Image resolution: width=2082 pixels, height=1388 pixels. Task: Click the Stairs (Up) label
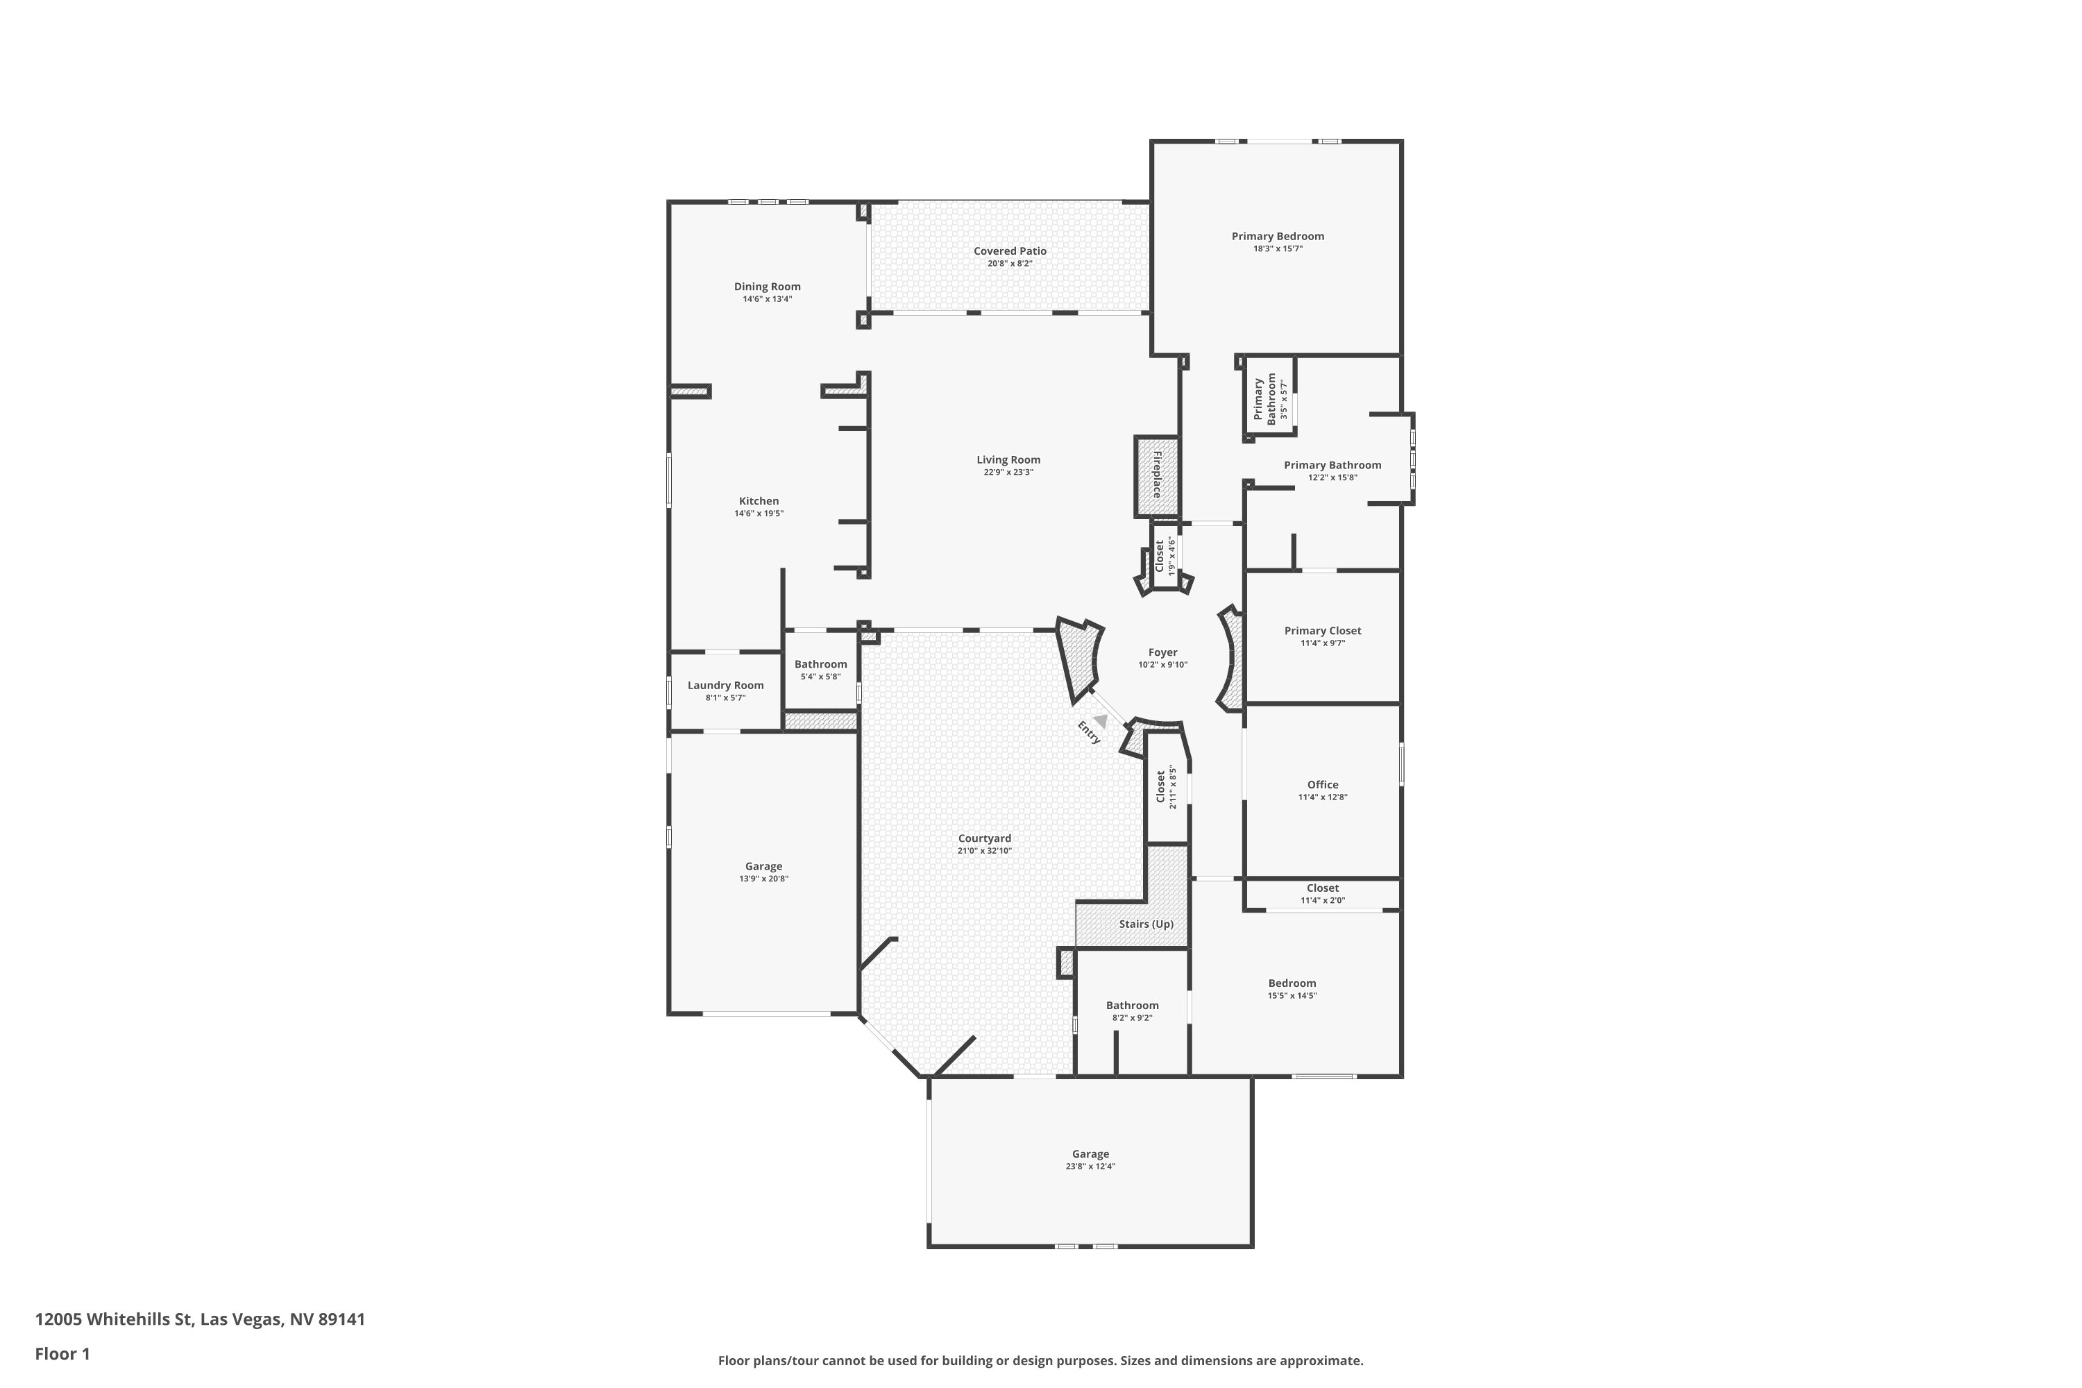point(1146,924)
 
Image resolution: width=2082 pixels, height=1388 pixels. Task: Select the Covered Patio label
point(1010,251)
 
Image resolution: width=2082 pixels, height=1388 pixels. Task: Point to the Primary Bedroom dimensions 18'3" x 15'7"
point(1278,248)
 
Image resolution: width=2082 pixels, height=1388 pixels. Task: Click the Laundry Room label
point(725,685)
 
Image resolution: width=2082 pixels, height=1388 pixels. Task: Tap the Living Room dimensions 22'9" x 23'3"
point(1008,473)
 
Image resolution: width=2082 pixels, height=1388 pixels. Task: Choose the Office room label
point(1323,785)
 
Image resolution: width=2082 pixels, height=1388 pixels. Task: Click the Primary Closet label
point(1323,631)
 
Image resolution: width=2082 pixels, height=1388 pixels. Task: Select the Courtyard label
point(984,838)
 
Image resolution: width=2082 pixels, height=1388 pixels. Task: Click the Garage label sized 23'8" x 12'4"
point(1090,1154)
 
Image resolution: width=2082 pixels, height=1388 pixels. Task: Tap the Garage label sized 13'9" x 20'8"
point(763,867)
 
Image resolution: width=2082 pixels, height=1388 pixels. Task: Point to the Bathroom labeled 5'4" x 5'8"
point(820,665)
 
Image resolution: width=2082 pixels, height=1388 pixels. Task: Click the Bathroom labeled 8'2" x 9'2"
point(1132,1006)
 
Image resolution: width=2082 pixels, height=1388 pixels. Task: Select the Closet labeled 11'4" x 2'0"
point(1323,888)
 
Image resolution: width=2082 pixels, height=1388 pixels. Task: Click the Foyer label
point(1162,652)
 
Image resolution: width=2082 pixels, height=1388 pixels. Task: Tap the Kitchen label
point(759,501)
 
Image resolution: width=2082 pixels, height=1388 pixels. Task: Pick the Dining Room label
point(767,287)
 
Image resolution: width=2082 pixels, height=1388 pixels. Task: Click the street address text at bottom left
point(200,1320)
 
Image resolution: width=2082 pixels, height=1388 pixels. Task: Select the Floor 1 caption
point(63,1353)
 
